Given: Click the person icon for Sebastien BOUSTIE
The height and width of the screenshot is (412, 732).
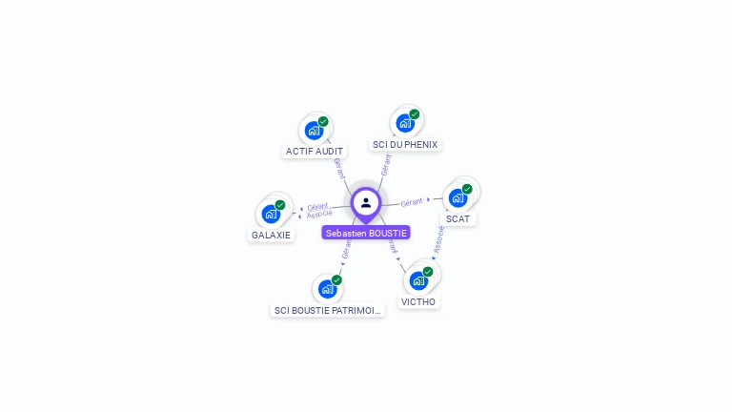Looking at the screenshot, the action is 366,202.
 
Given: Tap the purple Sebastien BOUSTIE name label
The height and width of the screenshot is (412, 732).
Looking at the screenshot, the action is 366,233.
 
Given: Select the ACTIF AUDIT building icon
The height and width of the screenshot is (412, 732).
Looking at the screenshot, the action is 313,131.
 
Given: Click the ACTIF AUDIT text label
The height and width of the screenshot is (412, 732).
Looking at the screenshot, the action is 315,151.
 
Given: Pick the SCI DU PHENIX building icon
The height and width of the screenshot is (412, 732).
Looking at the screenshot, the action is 404,123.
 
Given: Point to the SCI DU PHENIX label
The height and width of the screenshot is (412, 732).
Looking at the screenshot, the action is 405,144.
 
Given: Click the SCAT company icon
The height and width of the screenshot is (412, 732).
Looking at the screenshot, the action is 457,197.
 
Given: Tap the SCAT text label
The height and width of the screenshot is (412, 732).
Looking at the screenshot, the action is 457,218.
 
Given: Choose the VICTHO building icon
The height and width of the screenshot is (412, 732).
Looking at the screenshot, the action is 417,280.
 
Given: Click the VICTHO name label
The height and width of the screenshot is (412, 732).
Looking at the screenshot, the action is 418,301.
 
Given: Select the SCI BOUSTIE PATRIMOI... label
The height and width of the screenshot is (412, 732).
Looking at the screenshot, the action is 327,310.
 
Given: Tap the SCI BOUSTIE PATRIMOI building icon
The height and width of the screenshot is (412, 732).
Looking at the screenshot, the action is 327,289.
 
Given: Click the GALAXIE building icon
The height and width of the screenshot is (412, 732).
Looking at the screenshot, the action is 271,214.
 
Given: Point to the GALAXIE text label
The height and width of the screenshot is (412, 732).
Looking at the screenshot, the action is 272,235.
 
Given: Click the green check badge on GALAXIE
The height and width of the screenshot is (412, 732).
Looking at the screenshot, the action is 280,205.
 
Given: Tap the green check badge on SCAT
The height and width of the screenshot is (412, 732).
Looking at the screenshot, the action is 467,189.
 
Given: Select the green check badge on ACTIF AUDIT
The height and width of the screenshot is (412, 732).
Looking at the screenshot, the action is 323,122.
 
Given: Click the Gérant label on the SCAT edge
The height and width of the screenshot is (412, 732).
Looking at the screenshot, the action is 412,202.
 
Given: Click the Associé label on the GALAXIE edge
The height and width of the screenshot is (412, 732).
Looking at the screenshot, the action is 319,214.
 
